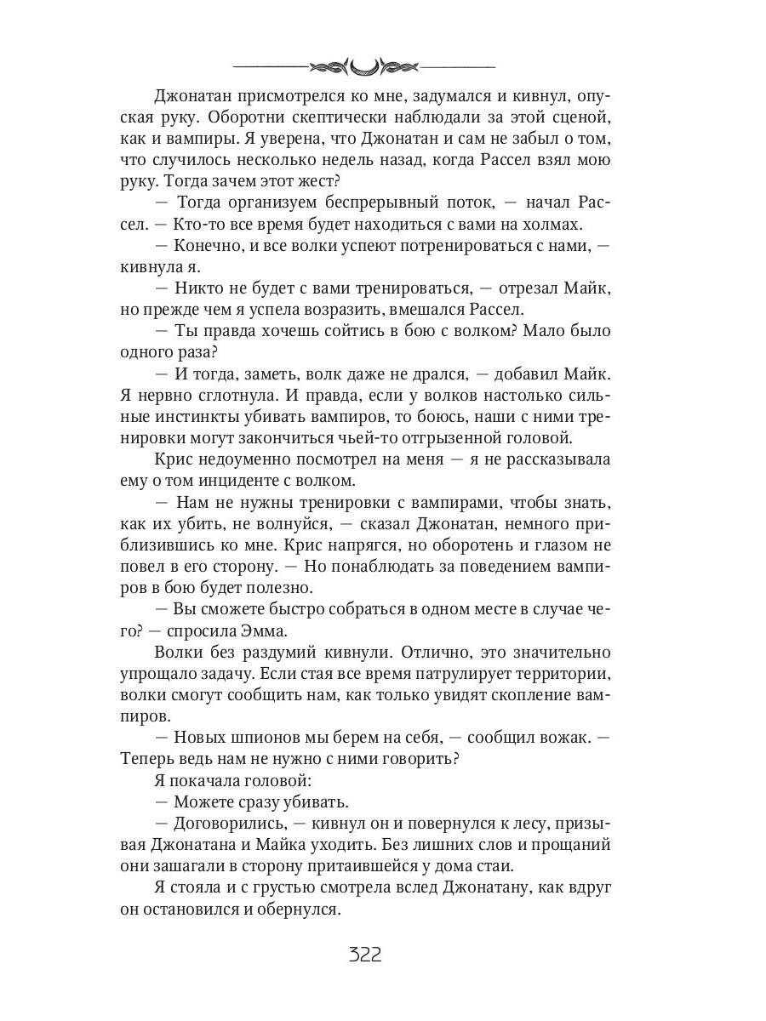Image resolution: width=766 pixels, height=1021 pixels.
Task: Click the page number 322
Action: [x=365, y=954]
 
